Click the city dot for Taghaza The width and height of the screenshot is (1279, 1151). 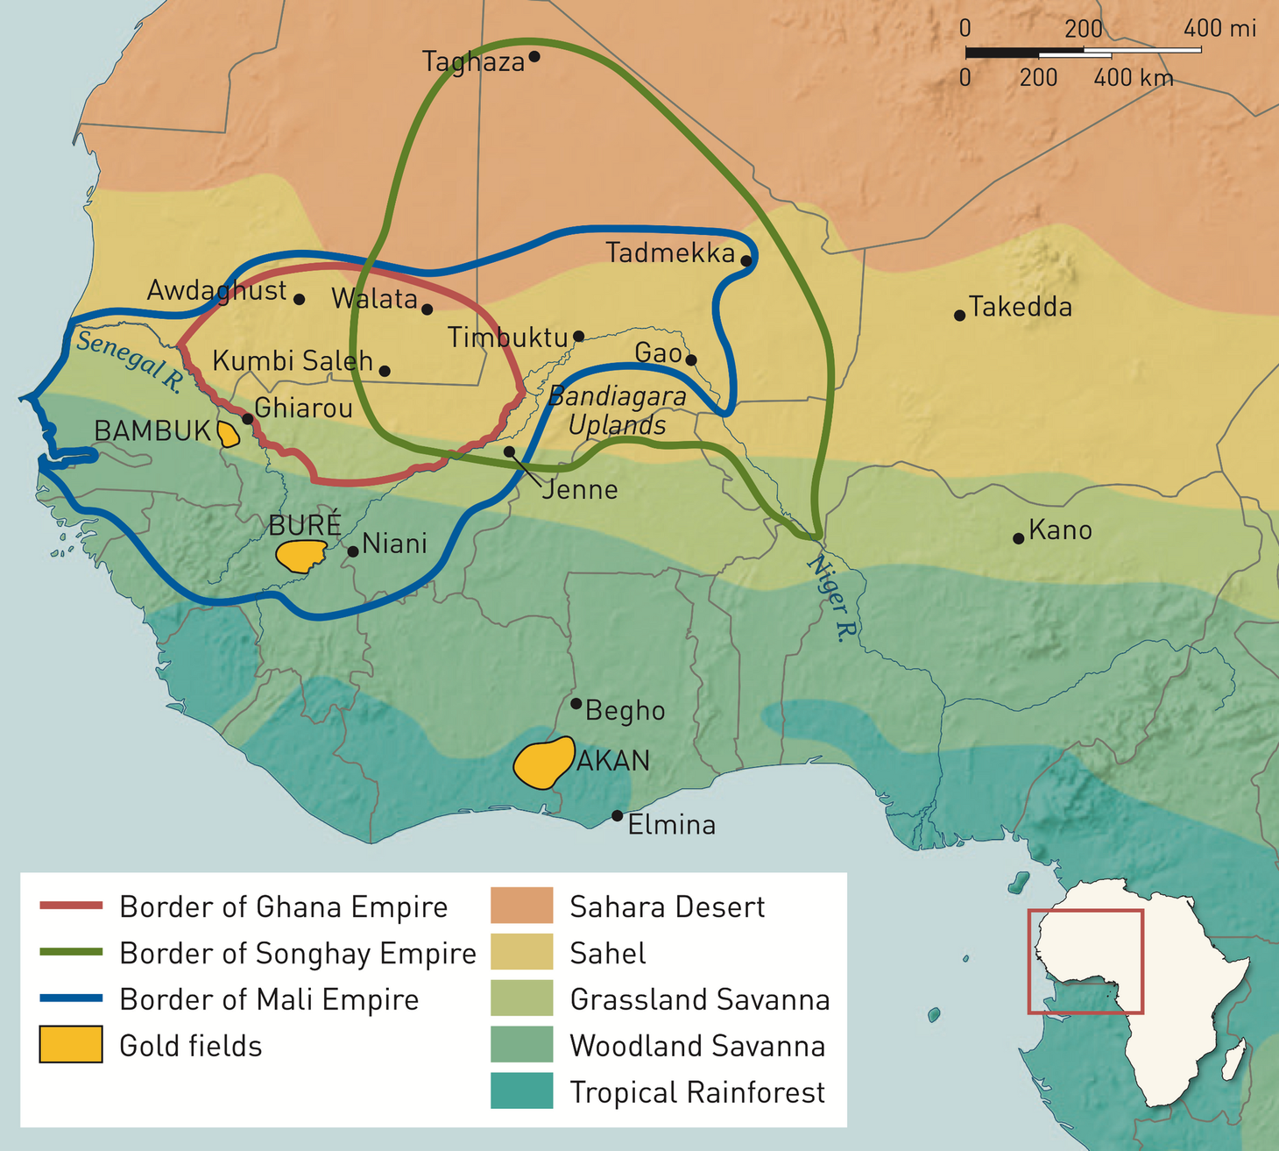pyautogui.click(x=534, y=57)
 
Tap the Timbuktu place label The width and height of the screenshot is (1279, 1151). pyautogui.click(x=507, y=337)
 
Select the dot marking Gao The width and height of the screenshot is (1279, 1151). pyautogui.click(x=691, y=359)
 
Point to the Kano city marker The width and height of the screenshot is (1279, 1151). pyautogui.click(x=1018, y=538)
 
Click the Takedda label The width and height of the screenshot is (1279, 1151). pyautogui.click(x=1021, y=307)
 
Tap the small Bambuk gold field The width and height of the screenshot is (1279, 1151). pyautogui.click(x=228, y=434)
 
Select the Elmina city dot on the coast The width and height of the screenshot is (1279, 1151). pyautogui.click(x=617, y=816)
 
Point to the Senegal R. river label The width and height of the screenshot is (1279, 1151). pyautogui.click(x=129, y=361)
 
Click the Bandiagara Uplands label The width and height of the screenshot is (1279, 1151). pyautogui.click(x=617, y=410)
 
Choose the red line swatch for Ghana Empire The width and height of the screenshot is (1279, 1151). pyautogui.click(x=71, y=906)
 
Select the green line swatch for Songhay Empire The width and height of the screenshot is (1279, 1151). pyautogui.click(x=71, y=952)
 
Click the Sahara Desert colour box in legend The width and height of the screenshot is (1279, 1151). pyautogui.click(x=521, y=906)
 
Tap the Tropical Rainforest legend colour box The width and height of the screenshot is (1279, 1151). pyautogui.click(x=521, y=1091)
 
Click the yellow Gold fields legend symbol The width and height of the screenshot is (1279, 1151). pyautogui.click(x=71, y=1045)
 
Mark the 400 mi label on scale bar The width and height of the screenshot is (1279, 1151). pyautogui.click(x=1219, y=29)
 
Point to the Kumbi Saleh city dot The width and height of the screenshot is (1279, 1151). pyautogui.click(x=385, y=371)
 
